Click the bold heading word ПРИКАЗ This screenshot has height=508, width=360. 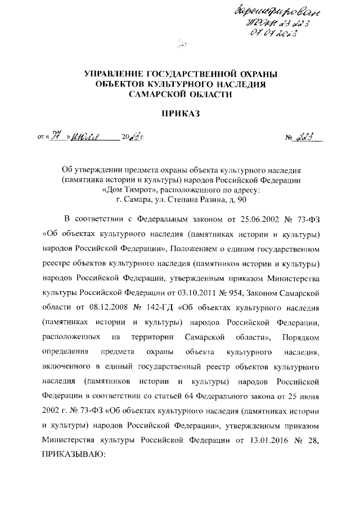click(x=180, y=114)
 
